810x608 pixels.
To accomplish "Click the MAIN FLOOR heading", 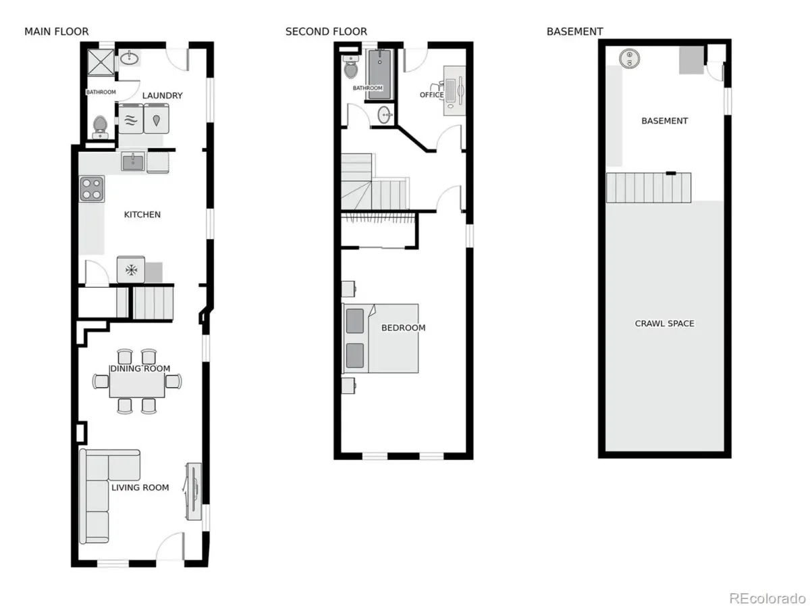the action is coord(57,32).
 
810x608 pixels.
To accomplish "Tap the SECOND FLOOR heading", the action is coord(326,32).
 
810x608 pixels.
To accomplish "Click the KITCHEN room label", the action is coord(142,214).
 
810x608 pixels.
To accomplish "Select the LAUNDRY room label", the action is coord(163,96).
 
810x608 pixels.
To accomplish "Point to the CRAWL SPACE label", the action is coord(664,324).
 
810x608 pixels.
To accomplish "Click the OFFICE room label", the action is coord(432,95).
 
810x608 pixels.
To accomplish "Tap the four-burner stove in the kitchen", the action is coord(92,188).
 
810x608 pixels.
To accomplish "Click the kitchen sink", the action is coord(133,161).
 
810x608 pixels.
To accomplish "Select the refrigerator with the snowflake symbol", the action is coord(131,270).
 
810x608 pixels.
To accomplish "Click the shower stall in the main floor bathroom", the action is coord(101,62).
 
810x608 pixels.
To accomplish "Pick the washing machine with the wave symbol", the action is coord(131,119).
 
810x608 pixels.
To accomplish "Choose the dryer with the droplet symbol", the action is coord(157,119).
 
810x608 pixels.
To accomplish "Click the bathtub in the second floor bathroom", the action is coord(379,74).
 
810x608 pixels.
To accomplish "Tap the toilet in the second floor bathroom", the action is coord(350,67).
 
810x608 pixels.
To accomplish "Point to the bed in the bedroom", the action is coord(381,338).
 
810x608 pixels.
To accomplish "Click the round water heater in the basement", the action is coord(629,58).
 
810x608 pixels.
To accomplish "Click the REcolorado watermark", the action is coord(767,598).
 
